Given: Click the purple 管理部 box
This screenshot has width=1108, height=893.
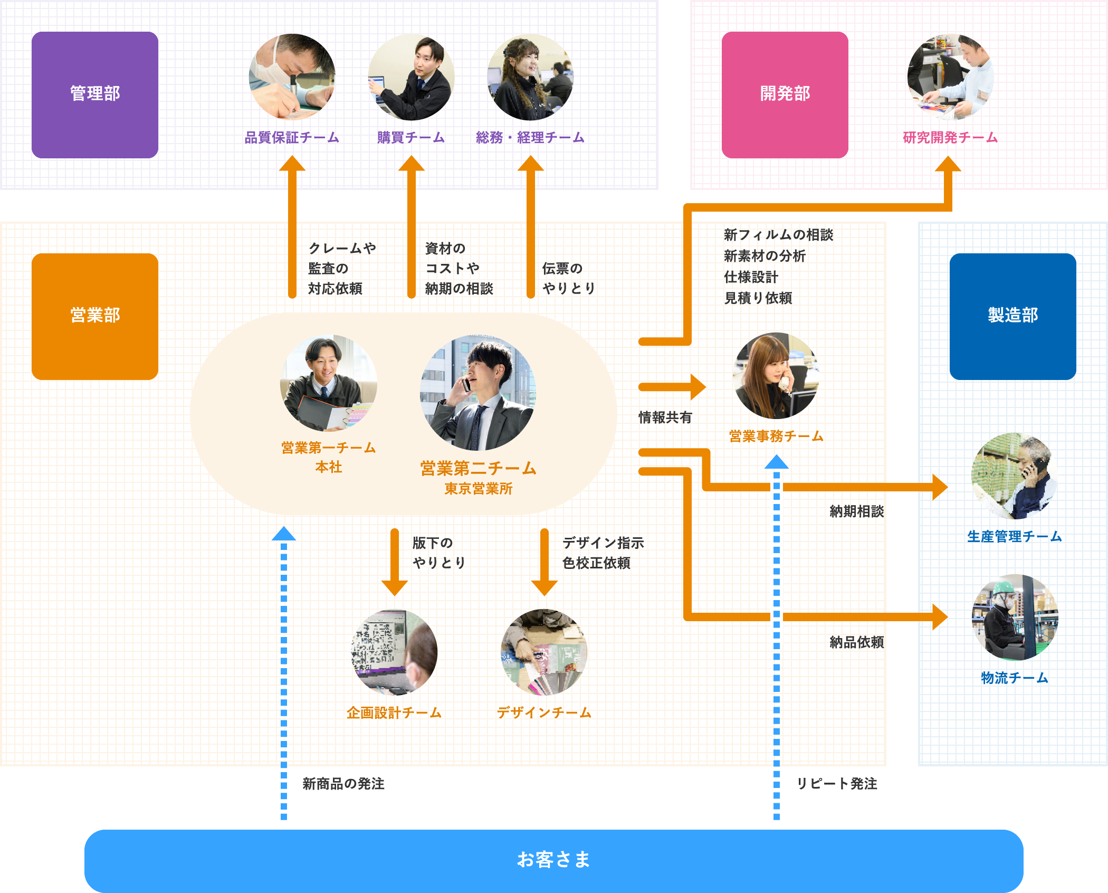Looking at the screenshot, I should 95,94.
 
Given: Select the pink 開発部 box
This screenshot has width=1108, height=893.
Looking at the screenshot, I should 785,94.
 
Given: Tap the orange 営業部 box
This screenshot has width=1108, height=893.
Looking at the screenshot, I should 95,316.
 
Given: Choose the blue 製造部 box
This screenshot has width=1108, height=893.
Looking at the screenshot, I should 1013,316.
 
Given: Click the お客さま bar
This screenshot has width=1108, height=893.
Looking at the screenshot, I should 553,860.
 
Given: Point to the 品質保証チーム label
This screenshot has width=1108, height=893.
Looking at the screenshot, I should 292,138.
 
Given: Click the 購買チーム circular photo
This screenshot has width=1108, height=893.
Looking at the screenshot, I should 411,77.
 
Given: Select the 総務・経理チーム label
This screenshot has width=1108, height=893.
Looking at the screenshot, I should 530,138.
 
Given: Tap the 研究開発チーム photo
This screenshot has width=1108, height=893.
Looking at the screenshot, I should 950,77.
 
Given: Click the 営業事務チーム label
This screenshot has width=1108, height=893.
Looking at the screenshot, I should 776,436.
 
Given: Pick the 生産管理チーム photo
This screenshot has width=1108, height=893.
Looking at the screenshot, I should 1014,476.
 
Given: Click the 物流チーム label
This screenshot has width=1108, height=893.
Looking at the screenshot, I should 1014,678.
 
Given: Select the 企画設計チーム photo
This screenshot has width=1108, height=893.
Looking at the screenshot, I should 395,652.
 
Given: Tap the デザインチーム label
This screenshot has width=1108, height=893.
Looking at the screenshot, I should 544,713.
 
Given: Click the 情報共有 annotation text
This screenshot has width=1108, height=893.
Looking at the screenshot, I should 665,418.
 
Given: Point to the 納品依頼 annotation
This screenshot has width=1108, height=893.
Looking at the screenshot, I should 856,642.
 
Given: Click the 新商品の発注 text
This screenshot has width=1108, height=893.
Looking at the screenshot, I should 343,784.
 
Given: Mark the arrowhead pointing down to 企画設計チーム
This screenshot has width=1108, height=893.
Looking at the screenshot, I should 395,587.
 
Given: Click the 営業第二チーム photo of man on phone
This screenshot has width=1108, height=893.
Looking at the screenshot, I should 477,393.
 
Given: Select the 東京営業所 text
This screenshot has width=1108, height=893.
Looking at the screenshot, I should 478,489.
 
